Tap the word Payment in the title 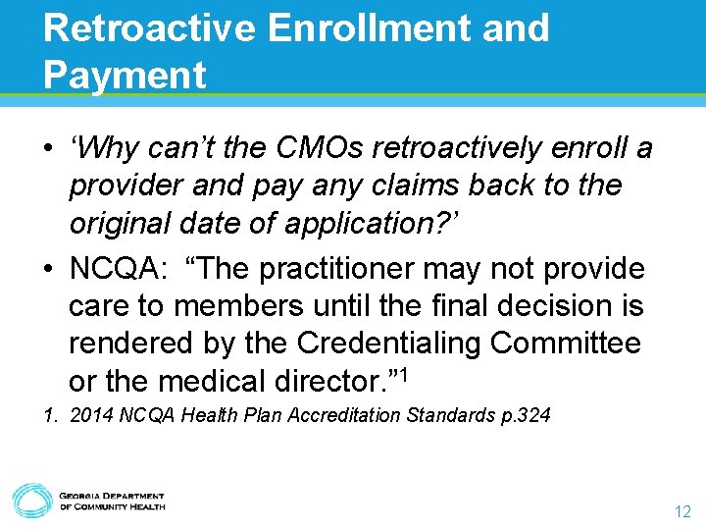125,75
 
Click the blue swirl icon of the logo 31,500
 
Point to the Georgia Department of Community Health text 112,501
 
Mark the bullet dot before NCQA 49,269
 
